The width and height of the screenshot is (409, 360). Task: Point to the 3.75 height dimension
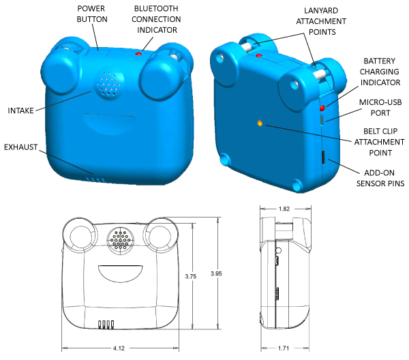[194, 276]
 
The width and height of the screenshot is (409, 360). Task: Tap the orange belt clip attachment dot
[260, 123]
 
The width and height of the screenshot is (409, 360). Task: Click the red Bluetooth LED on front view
[139, 53]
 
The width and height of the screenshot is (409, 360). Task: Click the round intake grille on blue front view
[108, 85]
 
